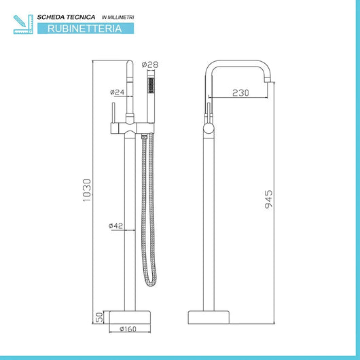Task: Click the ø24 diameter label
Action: click(116, 92)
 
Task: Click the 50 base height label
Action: click(100, 317)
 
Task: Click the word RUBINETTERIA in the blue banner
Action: click(81, 29)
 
